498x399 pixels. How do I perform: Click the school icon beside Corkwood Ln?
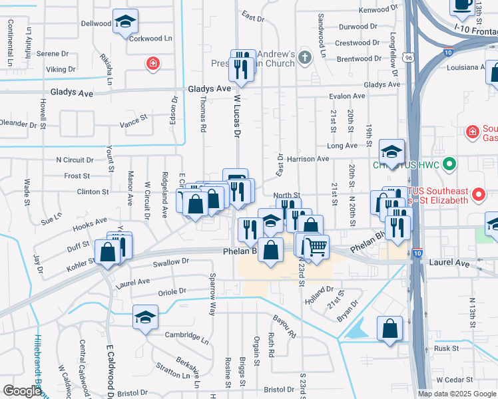125,22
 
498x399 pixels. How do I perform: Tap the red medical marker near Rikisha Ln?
152,64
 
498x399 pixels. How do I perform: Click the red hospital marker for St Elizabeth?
478,195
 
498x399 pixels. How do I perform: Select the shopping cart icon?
317,247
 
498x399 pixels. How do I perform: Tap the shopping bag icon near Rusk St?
389,329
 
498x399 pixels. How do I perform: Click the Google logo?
23,391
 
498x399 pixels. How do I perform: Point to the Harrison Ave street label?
308,159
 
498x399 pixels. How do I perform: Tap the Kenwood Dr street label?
377,10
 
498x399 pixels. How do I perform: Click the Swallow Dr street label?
166,262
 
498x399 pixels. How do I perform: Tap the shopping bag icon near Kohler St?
108,253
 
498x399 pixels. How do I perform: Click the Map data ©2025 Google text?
457,394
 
